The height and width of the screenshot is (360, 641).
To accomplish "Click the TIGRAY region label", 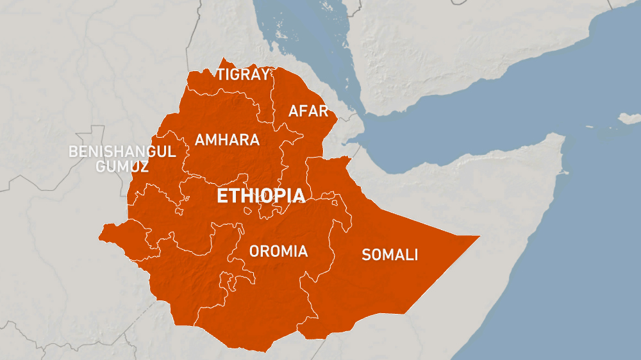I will click(242, 74).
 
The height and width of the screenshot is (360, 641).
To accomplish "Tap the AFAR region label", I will click(308, 111).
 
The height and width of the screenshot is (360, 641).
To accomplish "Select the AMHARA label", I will click(227, 140).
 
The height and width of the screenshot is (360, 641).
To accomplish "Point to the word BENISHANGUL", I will click(122, 152).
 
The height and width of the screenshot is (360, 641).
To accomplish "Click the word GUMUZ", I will click(122, 167).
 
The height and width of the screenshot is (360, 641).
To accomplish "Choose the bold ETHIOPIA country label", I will click(260, 196).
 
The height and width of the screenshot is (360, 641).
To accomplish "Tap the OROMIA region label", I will click(278, 251).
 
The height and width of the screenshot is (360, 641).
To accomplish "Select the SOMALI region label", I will click(390, 255).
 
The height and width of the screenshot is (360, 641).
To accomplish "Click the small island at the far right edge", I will click(629, 119).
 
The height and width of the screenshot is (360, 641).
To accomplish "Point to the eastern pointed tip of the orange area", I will click(478, 237).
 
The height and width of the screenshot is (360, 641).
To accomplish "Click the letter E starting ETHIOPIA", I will click(222, 196).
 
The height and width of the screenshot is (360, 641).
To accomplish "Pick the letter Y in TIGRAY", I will click(263, 74).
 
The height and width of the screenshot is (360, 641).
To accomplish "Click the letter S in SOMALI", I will click(367, 255).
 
